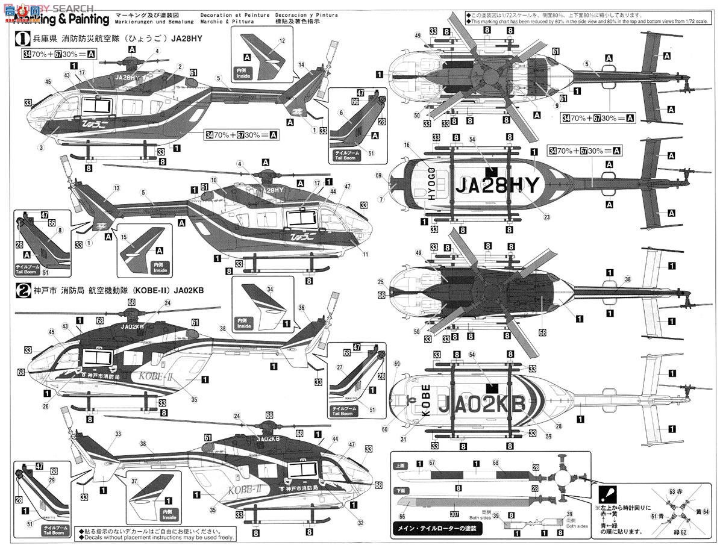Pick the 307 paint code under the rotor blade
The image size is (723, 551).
click(x=453, y=513)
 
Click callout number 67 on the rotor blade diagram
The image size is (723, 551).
click(x=431, y=462)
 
